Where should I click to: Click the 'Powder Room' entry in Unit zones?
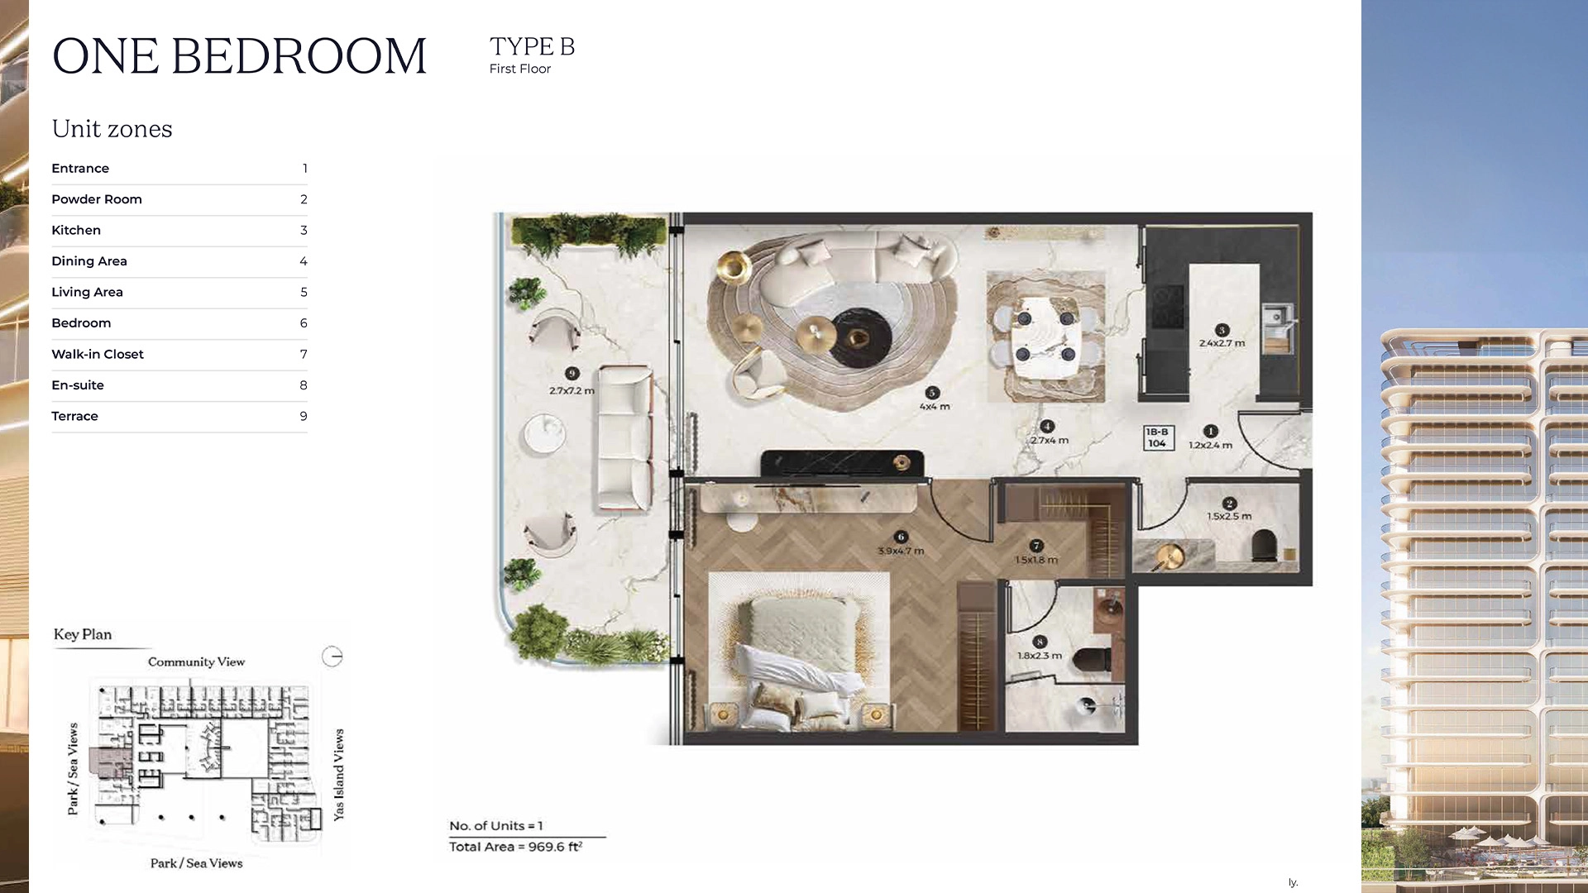click(97, 199)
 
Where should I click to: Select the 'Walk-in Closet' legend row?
click(98, 354)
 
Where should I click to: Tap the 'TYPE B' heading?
click(532, 46)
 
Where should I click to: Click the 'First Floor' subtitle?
click(519, 69)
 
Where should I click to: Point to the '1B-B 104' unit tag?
click(1157, 437)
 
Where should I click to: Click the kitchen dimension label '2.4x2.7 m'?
click(1222, 343)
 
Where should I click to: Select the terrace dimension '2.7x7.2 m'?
click(572, 390)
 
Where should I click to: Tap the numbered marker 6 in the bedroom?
click(901, 537)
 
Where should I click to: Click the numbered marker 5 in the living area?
click(932, 393)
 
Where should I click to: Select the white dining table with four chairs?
click(1045, 336)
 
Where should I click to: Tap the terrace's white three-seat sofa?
click(625, 438)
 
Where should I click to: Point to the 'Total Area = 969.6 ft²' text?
click(515, 847)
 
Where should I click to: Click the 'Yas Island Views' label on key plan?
click(338, 775)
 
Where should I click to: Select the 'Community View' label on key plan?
click(196, 661)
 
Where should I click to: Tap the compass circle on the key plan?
click(332, 657)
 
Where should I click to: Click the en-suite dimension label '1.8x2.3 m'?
click(1039, 656)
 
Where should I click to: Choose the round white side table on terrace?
click(544, 433)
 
